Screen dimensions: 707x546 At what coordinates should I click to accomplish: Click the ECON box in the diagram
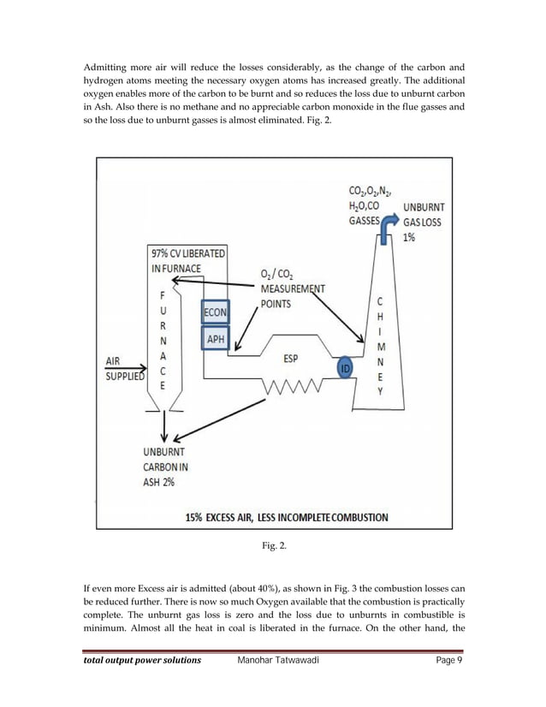[x=215, y=313]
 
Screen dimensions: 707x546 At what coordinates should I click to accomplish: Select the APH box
[x=215, y=340]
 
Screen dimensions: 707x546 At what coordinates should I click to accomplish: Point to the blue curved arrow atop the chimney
[x=386, y=224]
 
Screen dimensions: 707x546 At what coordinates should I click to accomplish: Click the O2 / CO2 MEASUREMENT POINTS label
[x=288, y=289]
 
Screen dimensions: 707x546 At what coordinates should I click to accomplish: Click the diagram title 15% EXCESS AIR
[x=287, y=517]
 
